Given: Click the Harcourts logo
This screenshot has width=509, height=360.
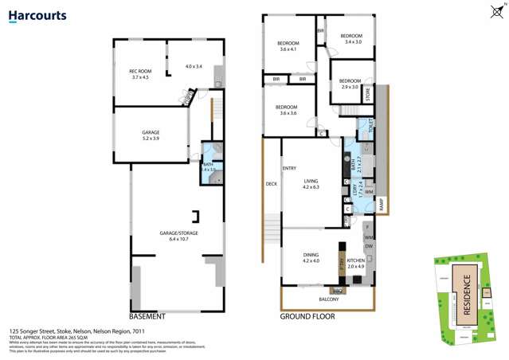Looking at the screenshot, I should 38,15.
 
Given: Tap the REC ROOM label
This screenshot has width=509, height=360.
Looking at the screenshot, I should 140,74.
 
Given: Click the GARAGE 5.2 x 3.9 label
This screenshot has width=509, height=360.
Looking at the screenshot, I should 151,135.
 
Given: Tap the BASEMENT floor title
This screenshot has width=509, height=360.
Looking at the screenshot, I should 147,316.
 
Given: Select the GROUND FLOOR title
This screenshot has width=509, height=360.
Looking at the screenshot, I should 307,316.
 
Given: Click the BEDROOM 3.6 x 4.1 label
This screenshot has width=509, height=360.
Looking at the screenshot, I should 288,45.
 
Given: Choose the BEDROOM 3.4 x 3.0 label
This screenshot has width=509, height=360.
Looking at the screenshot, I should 351,38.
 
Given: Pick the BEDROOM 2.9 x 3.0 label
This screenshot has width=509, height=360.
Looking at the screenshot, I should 350,84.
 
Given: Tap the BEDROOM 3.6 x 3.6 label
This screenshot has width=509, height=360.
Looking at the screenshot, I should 287,110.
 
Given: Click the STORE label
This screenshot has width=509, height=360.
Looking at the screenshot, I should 368,94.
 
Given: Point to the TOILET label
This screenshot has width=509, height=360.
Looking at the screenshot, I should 370,128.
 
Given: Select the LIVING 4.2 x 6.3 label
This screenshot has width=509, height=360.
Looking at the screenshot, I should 311,184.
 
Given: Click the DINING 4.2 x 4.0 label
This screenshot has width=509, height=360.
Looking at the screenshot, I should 311,258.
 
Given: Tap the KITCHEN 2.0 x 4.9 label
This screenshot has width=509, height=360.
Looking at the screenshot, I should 355,264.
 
